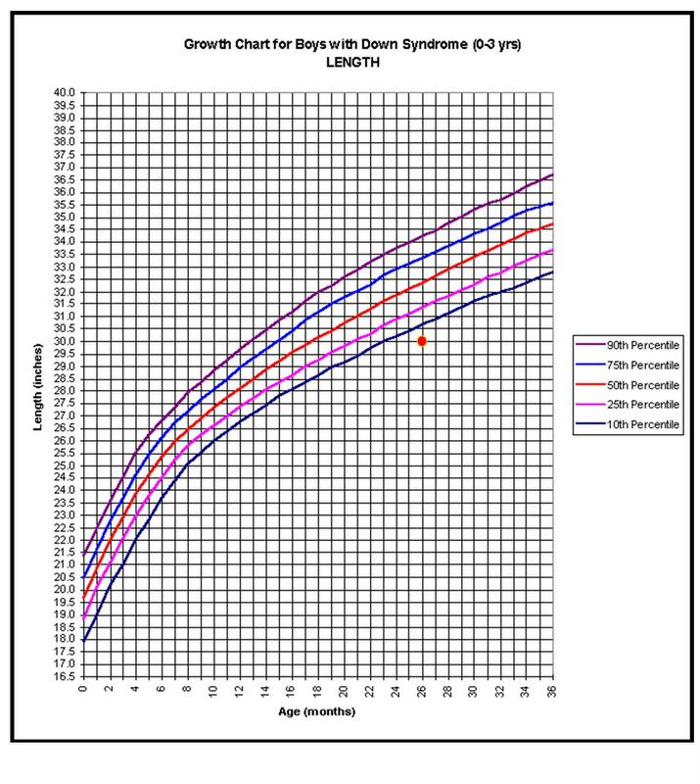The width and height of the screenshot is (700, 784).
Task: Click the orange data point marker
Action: pyautogui.click(x=422, y=341)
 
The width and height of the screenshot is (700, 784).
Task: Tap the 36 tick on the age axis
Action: pyautogui.click(x=553, y=692)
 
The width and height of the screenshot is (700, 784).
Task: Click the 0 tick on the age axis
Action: pyautogui.click(x=83, y=692)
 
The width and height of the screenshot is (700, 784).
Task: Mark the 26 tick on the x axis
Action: pyautogui.click(x=422, y=692)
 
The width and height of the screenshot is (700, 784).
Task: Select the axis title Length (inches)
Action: pyautogui.click(x=35, y=384)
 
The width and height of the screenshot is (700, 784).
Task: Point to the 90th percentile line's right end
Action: pyautogui.click(x=553, y=174)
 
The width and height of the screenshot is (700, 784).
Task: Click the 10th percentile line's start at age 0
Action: pyautogui.click(x=84, y=640)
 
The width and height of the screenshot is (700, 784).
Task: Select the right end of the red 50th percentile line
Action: pyautogui.click(x=553, y=223)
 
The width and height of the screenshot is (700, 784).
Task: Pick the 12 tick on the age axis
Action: pyautogui.click(x=240, y=692)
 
